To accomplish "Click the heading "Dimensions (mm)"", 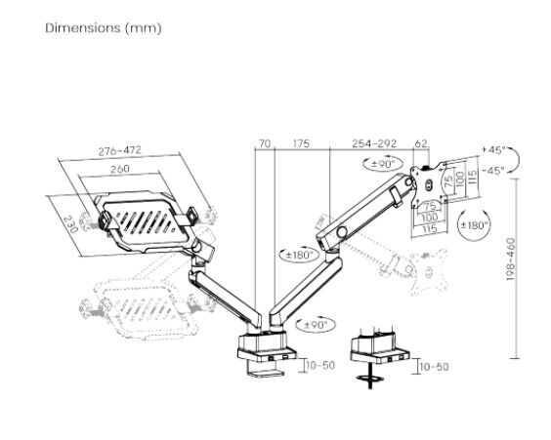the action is (104, 28).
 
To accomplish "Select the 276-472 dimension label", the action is (119, 150).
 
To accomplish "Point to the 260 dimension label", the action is (120, 169).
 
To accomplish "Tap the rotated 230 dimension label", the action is (70, 224).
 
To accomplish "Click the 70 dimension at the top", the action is (265, 143).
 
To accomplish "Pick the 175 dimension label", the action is (301, 143).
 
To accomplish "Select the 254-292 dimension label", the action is (374, 143).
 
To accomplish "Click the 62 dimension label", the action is (421, 143).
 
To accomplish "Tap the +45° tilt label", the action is (493, 150).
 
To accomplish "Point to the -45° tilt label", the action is (493, 170).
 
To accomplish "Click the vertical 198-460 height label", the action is (511, 260).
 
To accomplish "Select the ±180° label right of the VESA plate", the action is (475, 225).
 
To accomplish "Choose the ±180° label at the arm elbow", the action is (299, 255).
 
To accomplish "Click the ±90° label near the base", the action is (316, 325).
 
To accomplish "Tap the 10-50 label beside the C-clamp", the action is (320, 365).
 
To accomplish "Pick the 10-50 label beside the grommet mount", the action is (435, 367).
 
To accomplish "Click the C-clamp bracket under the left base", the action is (266, 369).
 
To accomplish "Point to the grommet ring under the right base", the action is (370, 379).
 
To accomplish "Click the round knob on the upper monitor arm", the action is (342, 232).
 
